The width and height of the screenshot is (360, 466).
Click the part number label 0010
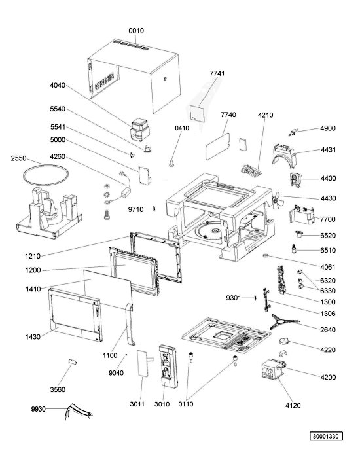click(136, 31)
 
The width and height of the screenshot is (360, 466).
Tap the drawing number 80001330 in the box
click(326, 437)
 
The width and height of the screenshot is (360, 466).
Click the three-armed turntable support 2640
click(284, 322)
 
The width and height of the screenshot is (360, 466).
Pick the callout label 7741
click(217, 73)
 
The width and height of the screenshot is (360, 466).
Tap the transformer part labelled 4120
click(272, 370)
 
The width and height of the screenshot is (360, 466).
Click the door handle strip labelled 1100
click(129, 325)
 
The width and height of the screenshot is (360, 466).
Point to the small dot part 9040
click(126, 355)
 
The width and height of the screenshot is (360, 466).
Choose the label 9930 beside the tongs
click(39, 409)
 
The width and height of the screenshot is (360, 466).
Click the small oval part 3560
click(73, 361)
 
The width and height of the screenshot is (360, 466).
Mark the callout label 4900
click(327, 128)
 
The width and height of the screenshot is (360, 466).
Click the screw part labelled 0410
click(171, 163)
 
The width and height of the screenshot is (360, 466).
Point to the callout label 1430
click(33, 336)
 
